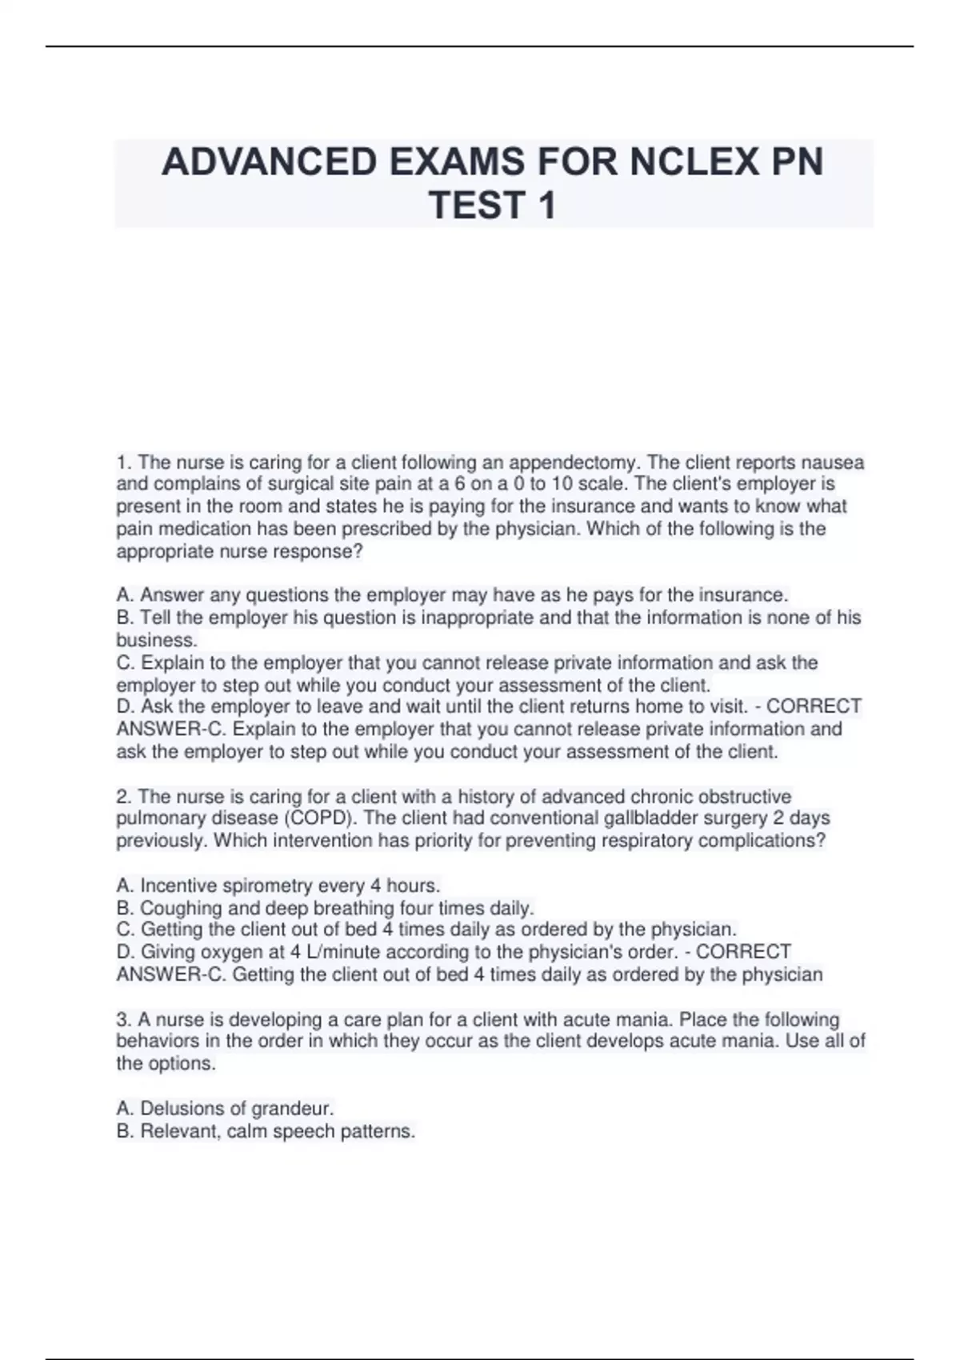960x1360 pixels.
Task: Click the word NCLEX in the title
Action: [x=691, y=162]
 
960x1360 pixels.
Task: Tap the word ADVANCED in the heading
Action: [x=269, y=162]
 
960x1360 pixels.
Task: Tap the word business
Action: [x=156, y=640]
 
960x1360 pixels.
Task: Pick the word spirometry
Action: [x=267, y=886]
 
